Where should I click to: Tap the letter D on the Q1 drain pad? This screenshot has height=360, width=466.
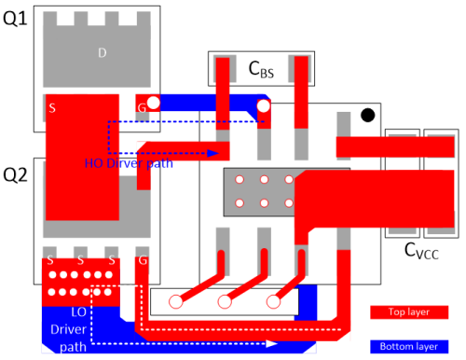point(103,52)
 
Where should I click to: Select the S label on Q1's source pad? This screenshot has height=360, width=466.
point(51,108)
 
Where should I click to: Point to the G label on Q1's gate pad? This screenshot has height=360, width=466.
point(143,108)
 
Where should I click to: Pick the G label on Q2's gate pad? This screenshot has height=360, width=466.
point(142,263)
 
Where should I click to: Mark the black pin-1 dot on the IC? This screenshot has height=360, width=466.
point(368,115)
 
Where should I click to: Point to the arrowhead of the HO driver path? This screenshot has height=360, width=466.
point(214,152)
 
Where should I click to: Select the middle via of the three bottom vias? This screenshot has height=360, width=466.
point(224,301)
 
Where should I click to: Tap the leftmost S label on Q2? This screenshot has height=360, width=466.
point(50,263)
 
